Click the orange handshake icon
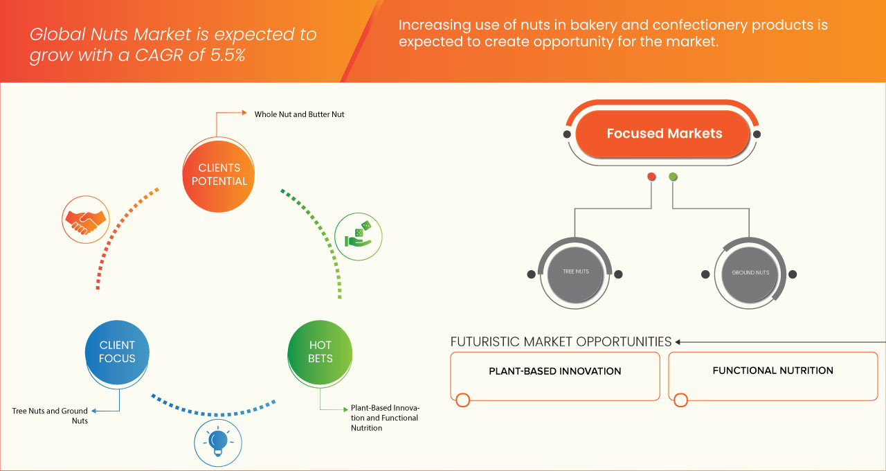(85, 219)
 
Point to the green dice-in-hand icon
(358, 235)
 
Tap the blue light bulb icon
(218, 442)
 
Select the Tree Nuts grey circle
(576, 273)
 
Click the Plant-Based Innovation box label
(554, 371)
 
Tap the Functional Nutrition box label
(772, 371)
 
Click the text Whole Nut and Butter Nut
(299, 114)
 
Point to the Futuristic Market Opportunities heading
(561, 341)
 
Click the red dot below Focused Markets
(651, 177)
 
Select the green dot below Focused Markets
(673, 177)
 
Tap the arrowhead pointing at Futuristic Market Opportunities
(678, 341)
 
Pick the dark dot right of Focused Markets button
(757, 134)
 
